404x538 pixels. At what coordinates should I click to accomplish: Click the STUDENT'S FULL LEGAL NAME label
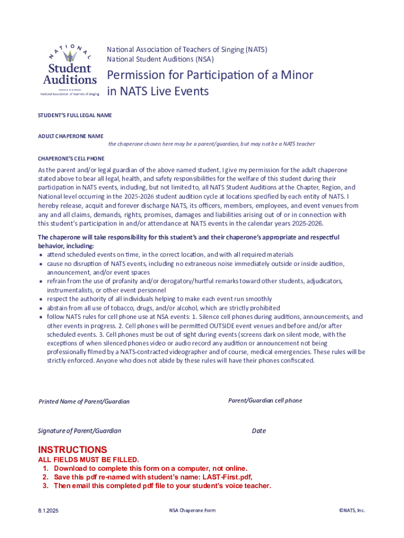[75, 115]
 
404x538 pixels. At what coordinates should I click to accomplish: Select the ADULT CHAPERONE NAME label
[70, 136]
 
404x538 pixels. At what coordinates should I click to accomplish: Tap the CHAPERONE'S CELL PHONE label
[71, 158]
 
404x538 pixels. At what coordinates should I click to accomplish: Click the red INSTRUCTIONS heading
[72, 450]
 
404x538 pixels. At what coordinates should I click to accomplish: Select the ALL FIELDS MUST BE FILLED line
[88, 460]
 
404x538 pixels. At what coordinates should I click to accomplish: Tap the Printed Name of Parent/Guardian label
[84, 401]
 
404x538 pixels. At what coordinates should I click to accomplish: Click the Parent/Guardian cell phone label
[265, 400]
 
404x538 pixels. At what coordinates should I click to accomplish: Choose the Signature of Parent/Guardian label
[79, 431]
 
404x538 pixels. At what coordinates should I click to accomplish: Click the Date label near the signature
[259, 431]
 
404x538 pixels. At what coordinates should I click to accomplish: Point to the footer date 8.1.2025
[48, 510]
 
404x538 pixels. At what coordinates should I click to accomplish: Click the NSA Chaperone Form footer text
[192, 510]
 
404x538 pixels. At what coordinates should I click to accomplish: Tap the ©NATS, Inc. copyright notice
[352, 510]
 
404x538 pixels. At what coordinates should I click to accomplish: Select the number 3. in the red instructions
[46, 486]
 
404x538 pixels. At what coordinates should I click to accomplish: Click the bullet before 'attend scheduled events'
[41, 255]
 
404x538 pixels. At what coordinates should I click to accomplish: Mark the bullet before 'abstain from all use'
[41, 308]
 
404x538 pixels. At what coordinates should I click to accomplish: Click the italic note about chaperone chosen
[211, 144]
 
